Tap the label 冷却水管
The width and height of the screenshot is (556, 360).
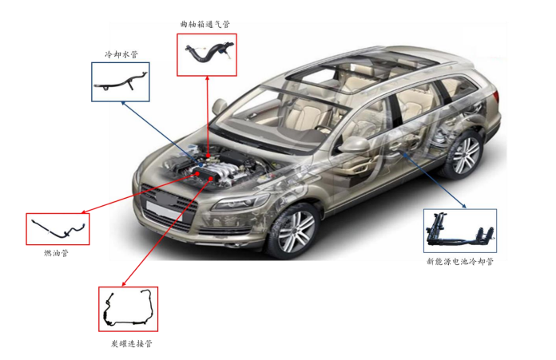coord(121,55)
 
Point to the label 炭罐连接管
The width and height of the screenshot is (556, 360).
coord(131,343)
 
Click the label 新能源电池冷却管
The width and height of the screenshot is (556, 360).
coord(460,261)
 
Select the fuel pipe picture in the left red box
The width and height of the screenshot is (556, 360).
coord(58,229)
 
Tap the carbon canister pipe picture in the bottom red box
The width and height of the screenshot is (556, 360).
coord(129,310)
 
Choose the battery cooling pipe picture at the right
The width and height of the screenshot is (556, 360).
coord(459,231)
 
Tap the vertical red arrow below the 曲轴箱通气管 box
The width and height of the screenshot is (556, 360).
coord(208,112)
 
